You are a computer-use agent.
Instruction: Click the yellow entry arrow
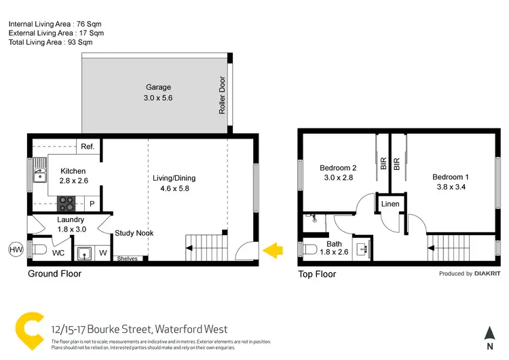click(x=273, y=251)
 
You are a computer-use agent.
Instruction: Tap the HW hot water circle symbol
click(x=15, y=249)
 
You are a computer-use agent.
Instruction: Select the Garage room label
click(x=158, y=87)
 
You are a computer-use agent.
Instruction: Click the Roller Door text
click(x=222, y=94)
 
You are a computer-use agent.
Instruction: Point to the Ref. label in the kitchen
click(x=88, y=147)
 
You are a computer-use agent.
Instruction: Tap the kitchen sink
click(x=39, y=178)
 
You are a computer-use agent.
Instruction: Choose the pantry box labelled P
click(x=91, y=202)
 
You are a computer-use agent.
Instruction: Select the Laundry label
click(x=70, y=219)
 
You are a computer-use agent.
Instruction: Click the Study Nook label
click(x=134, y=233)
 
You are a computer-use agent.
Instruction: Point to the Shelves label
click(x=127, y=258)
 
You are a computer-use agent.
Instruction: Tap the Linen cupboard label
click(x=390, y=204)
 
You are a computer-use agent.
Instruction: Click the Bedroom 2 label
click(x=338, y=168)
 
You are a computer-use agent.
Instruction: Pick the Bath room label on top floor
click(x=333, y=244)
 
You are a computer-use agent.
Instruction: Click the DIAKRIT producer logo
click(x=486, y=274)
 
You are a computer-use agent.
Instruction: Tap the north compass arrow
click(x=489, y=334)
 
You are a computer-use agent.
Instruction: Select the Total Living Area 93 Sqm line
click(x=50, y=42)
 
